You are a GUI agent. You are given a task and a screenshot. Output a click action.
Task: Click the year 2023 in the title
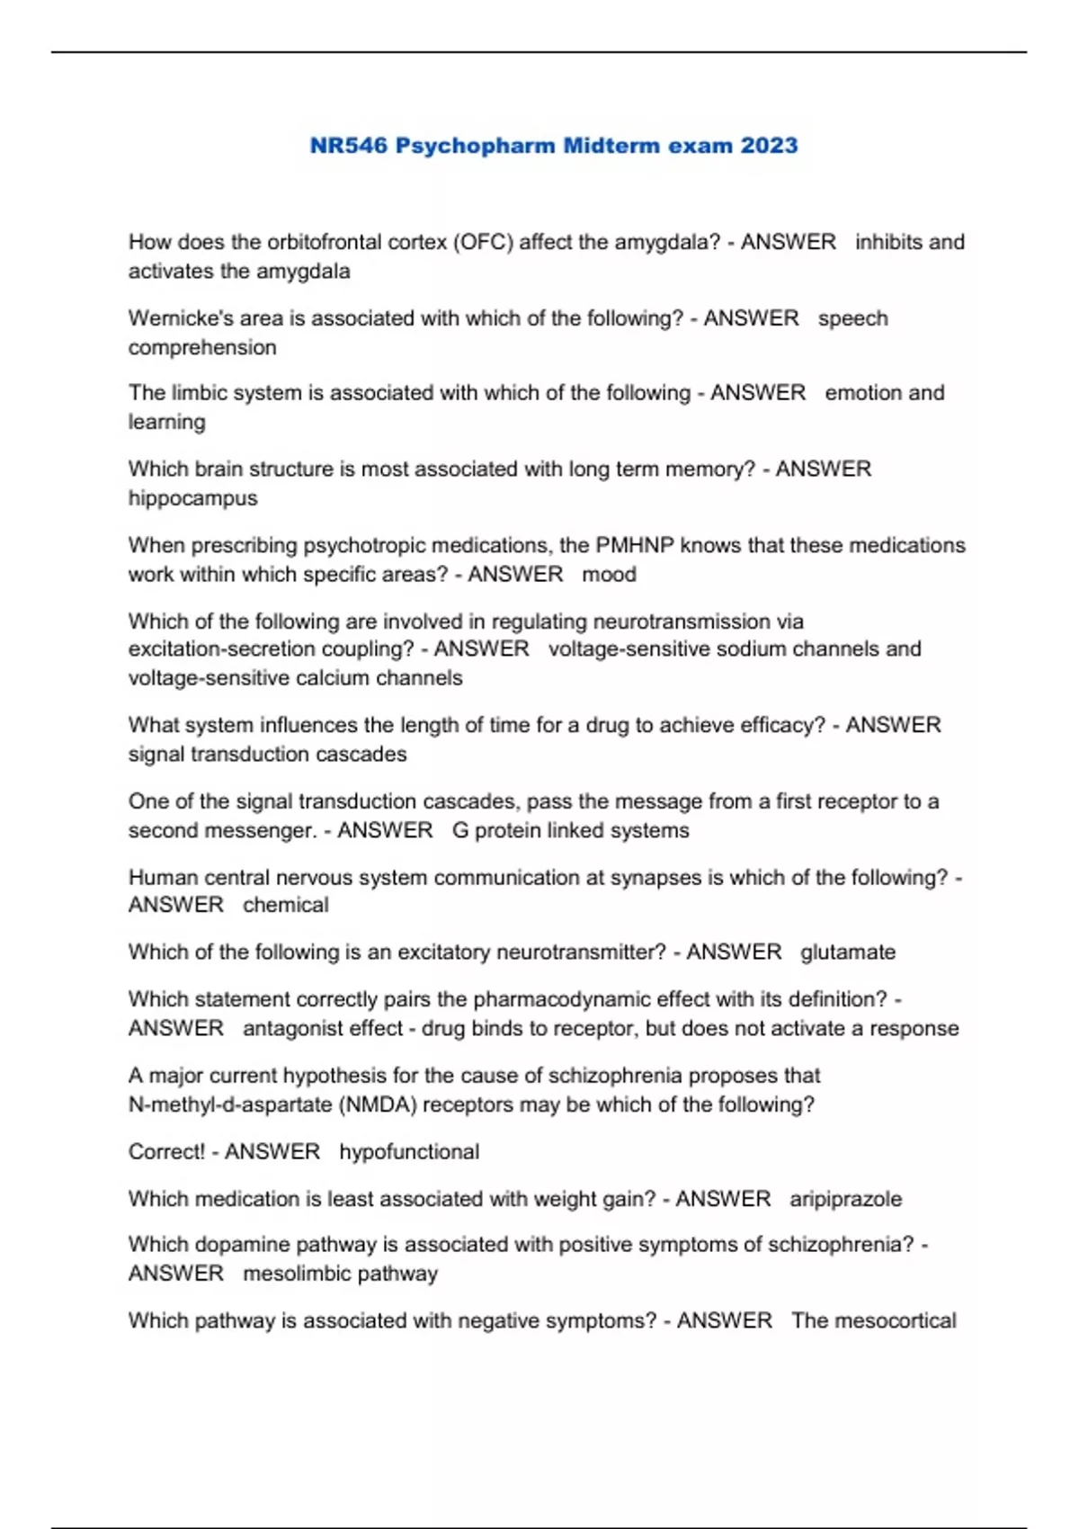coord(769,146)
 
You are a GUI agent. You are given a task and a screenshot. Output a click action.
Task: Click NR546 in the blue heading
coord(348,146)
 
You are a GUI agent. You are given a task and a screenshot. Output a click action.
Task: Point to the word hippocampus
coord(192,498)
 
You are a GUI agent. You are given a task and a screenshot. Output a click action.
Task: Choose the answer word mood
coord(609,574)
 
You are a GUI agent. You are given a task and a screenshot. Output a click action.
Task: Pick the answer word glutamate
coord(847,952)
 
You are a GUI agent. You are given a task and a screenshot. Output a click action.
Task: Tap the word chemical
coord(285,905)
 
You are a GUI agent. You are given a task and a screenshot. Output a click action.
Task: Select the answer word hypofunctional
coord(409,1152)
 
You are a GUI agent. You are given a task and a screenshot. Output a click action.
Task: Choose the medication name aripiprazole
coord(845,1199)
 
